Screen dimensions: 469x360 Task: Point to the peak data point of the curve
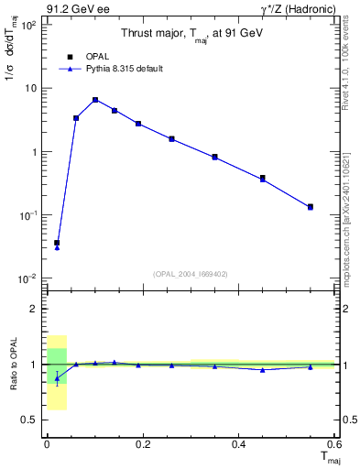pyautogui.click(x=94, y=100)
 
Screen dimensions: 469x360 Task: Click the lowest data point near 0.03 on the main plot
pyautogui.click(x=57, y=243)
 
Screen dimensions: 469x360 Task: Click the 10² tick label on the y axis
pyautogui.click(x=28, y=26)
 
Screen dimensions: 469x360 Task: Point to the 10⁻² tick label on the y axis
pyautogui.click(x=28, y=278)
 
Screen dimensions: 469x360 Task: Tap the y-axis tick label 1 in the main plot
pyautogui.click(x=34, y=152)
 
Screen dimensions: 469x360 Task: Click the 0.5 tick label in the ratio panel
pyautogui.click(x=31, y=420)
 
